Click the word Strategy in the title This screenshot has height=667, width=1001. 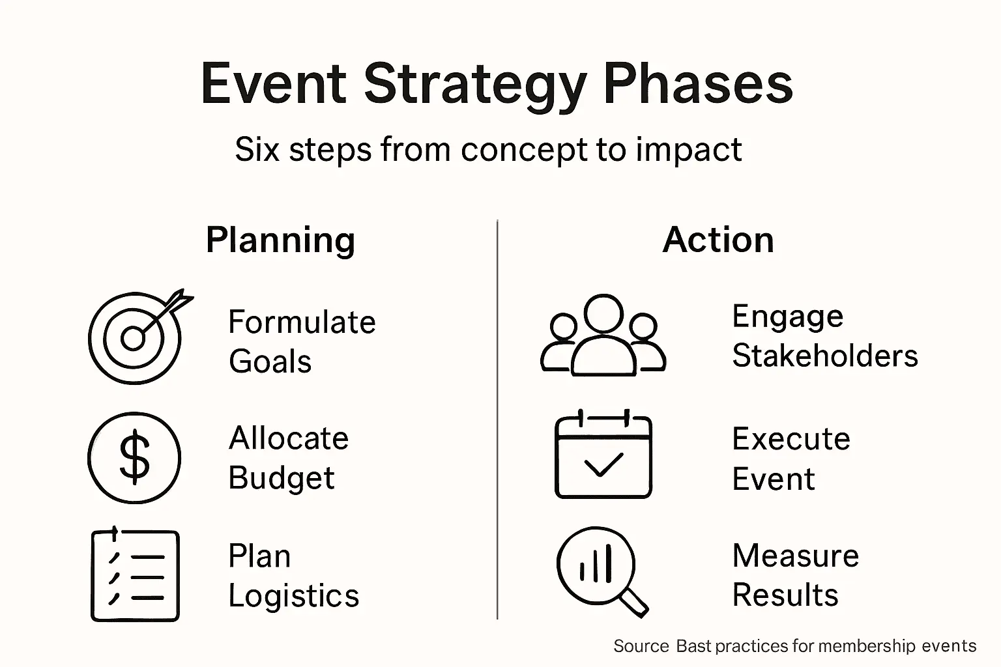click(475, 84)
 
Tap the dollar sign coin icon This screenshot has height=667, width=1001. click(134, 457)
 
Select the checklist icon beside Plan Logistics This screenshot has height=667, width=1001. click(135, 575)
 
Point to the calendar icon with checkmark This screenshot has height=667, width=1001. click(603, 456)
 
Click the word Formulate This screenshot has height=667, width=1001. click(302, 322)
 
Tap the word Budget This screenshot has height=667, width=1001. click(281, 478)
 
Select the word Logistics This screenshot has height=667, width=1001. click(293, 596)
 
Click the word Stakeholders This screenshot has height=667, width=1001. click(824, 356)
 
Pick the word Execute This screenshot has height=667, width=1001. click(791, 439)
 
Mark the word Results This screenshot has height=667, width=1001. click(785, 595)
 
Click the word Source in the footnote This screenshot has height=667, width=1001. click(641, 646)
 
